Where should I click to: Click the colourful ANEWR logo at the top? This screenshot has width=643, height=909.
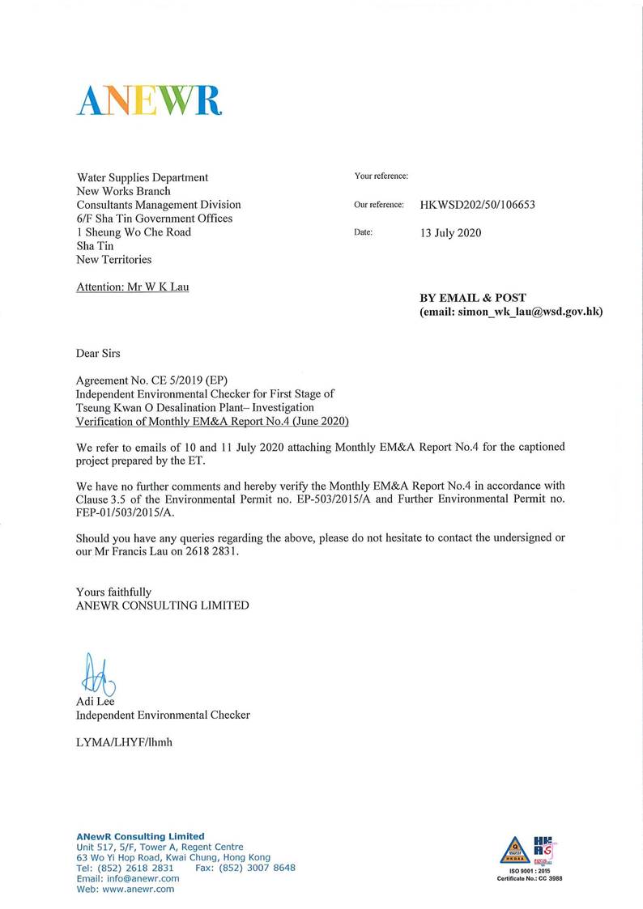(150, 100)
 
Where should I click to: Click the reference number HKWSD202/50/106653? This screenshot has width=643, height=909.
(477, 205)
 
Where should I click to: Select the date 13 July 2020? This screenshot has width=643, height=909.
(451, 233)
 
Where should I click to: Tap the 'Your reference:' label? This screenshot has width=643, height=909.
(381, 176)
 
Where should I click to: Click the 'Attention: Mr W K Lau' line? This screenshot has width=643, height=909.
(132, 287)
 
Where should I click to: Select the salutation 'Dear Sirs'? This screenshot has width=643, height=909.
(98, 353)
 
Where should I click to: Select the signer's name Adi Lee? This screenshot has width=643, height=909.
(95, 702)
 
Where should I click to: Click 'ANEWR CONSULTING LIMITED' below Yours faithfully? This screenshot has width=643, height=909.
(162, 605)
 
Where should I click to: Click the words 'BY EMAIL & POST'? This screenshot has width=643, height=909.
(472, 298)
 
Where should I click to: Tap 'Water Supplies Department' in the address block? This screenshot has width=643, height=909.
(142, 177)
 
